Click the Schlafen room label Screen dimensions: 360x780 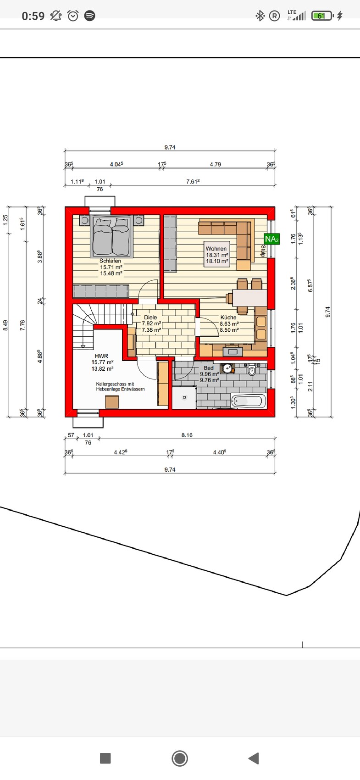(x=111, y=261)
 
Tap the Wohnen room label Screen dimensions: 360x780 (x=216, y=249)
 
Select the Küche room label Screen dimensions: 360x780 (x=228, y=317)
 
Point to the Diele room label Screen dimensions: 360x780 (x=150, y=317)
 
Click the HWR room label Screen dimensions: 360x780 (x=101, y=356)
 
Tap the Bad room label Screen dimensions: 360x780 (x=209, y=368)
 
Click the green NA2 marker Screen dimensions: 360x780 (x=271, y=239)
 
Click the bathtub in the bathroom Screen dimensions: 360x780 (x=248, y=401)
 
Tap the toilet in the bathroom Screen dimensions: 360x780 (x=252, y=369)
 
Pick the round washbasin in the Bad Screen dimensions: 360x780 (x=228, y=368)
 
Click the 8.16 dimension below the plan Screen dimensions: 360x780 (x=187, y=435)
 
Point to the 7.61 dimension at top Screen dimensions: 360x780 (x=193, y=181)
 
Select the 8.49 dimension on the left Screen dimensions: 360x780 (x=6, y=325)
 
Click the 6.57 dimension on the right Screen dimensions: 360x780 (x=310, y=285)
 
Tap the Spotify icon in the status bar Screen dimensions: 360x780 (x=89, y=16)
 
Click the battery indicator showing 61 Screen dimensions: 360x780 (x=322, y=16)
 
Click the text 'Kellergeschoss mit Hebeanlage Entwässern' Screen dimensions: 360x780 (x=120, y=386)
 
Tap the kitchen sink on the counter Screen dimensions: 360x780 (x=233, y=351)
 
